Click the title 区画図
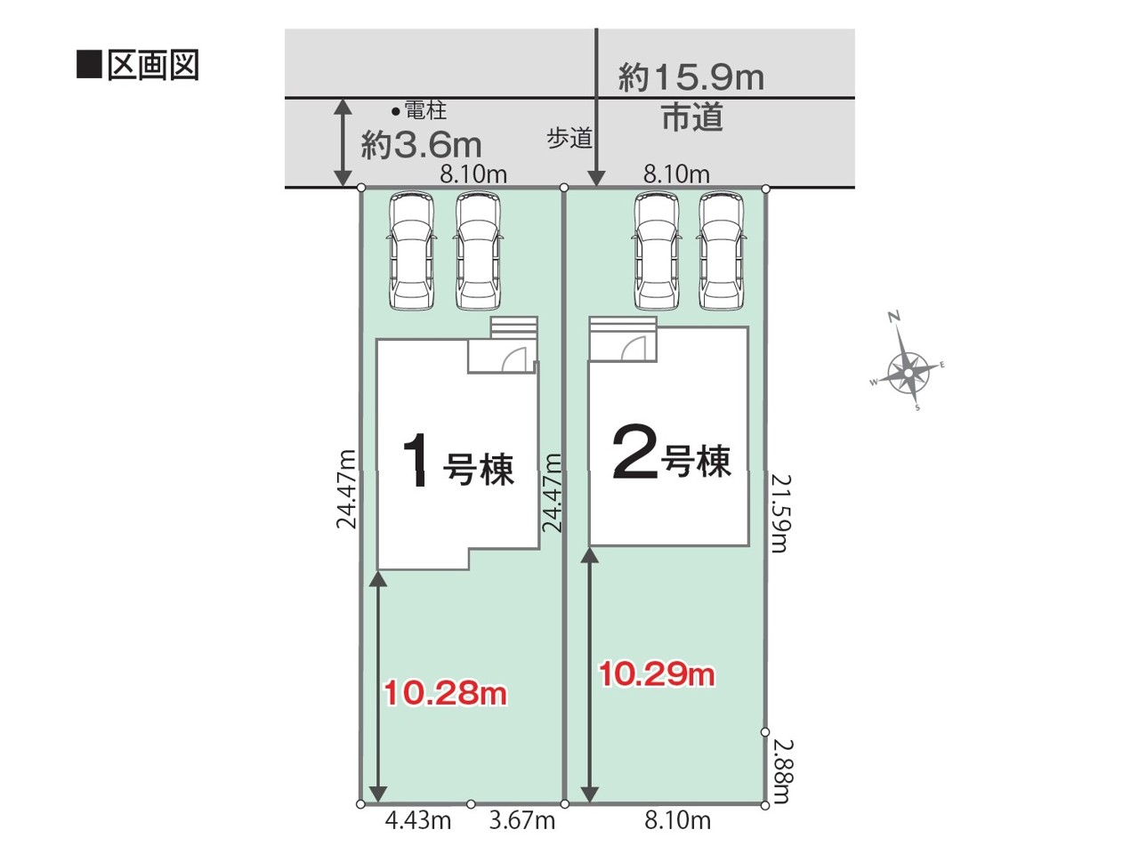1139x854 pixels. coord(152,66)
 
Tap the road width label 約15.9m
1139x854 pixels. coord(691,77)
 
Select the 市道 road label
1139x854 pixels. coord(692,117)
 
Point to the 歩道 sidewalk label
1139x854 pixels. coord(569,139)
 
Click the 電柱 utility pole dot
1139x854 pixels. coord(395,111)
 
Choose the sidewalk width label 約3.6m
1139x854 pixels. coord(421,145)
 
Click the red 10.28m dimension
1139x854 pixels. coord(445,693)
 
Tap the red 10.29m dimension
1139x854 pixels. coord(657,674)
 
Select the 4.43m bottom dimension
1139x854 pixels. coord(417,821)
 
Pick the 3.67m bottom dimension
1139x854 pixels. coord(522,821)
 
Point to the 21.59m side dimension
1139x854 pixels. coord(780,513)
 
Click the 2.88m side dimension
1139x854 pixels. coord(781,771)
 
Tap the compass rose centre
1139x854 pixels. coord(909,373)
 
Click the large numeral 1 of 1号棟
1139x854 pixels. coord(416,460)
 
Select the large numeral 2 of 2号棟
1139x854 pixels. coord(635,451)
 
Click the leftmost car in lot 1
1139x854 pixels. coord(411,251)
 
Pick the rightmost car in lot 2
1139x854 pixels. coord(722,251)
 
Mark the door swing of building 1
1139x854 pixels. coord(513,359)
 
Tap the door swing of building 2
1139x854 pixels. coord(634,348)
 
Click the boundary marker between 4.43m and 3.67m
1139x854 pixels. coord(471,804)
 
